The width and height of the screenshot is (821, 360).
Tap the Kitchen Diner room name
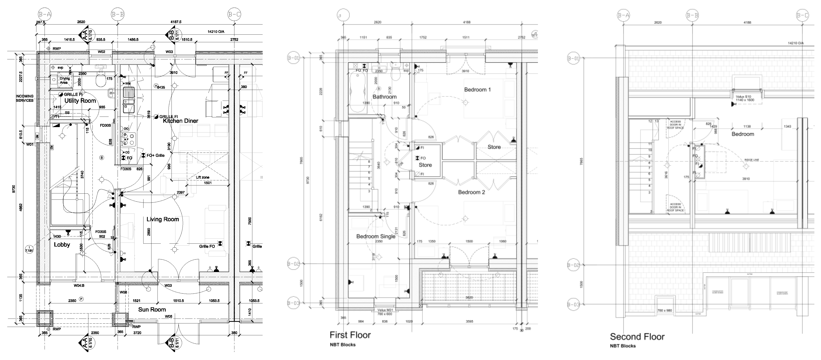(x=180, y=121)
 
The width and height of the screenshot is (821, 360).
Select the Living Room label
(x=163, y=219)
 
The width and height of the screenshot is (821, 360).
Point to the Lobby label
(x=62, y=244)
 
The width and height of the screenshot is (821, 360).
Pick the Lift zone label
(x=202, y=177)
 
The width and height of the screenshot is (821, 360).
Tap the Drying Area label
(x=64, y=80)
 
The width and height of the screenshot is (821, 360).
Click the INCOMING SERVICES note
(x=25, y=98)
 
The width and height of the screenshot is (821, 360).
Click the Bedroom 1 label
(x=477, y=90)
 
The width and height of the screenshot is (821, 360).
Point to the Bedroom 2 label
(x=471, y=192)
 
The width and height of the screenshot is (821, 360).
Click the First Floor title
(x=350, y=335)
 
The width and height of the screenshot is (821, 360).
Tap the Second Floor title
(x=637, y=336)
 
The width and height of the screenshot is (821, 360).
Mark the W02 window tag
(x=101, y=52)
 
